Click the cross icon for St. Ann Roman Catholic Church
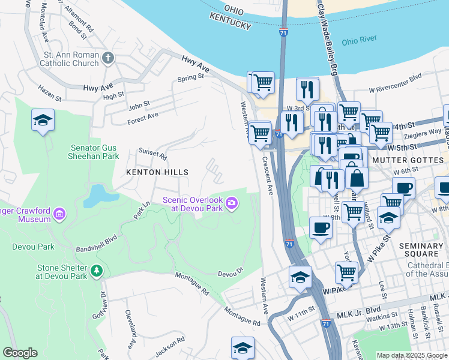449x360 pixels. click(108, 58)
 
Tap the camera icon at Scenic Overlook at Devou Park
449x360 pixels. click(232, 205)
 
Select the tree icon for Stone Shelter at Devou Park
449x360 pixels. click(96, 272)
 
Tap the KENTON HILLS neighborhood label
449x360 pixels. click(157, 172)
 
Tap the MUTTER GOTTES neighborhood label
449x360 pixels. click(410, 161)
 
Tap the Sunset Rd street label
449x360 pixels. click(152, 154)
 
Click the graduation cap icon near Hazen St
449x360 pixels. click(43, 120)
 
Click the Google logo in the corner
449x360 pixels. click(20, 353)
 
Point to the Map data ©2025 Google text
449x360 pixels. click(411, 355)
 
